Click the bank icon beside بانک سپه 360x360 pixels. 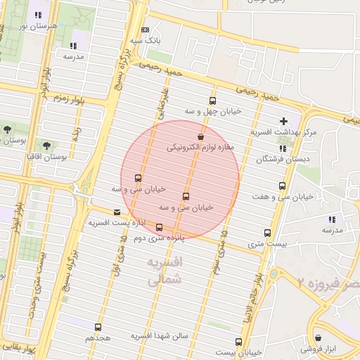(x=146, y=30)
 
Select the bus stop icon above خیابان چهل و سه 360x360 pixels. (x=213, y=101)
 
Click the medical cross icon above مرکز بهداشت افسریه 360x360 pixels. (x=283, y=121)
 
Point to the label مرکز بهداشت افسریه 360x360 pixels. (x=284, y=132)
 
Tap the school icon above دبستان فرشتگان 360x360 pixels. (x=283, y=148)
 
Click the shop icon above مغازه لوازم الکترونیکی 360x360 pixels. (x=202, y=136)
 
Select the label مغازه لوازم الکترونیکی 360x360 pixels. (x=200, y=148)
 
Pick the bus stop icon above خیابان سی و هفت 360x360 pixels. (x=282, y=186)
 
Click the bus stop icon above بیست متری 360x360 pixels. (x=267, y=233)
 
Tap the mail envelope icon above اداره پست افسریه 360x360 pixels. (x=117, y=212)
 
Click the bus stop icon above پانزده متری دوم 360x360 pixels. (x=160, y=227)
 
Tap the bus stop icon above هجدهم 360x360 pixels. (x=98, y=327)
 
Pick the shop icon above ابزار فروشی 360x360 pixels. (x=318, y=337)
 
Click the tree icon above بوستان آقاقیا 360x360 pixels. (x=46, y=146)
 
